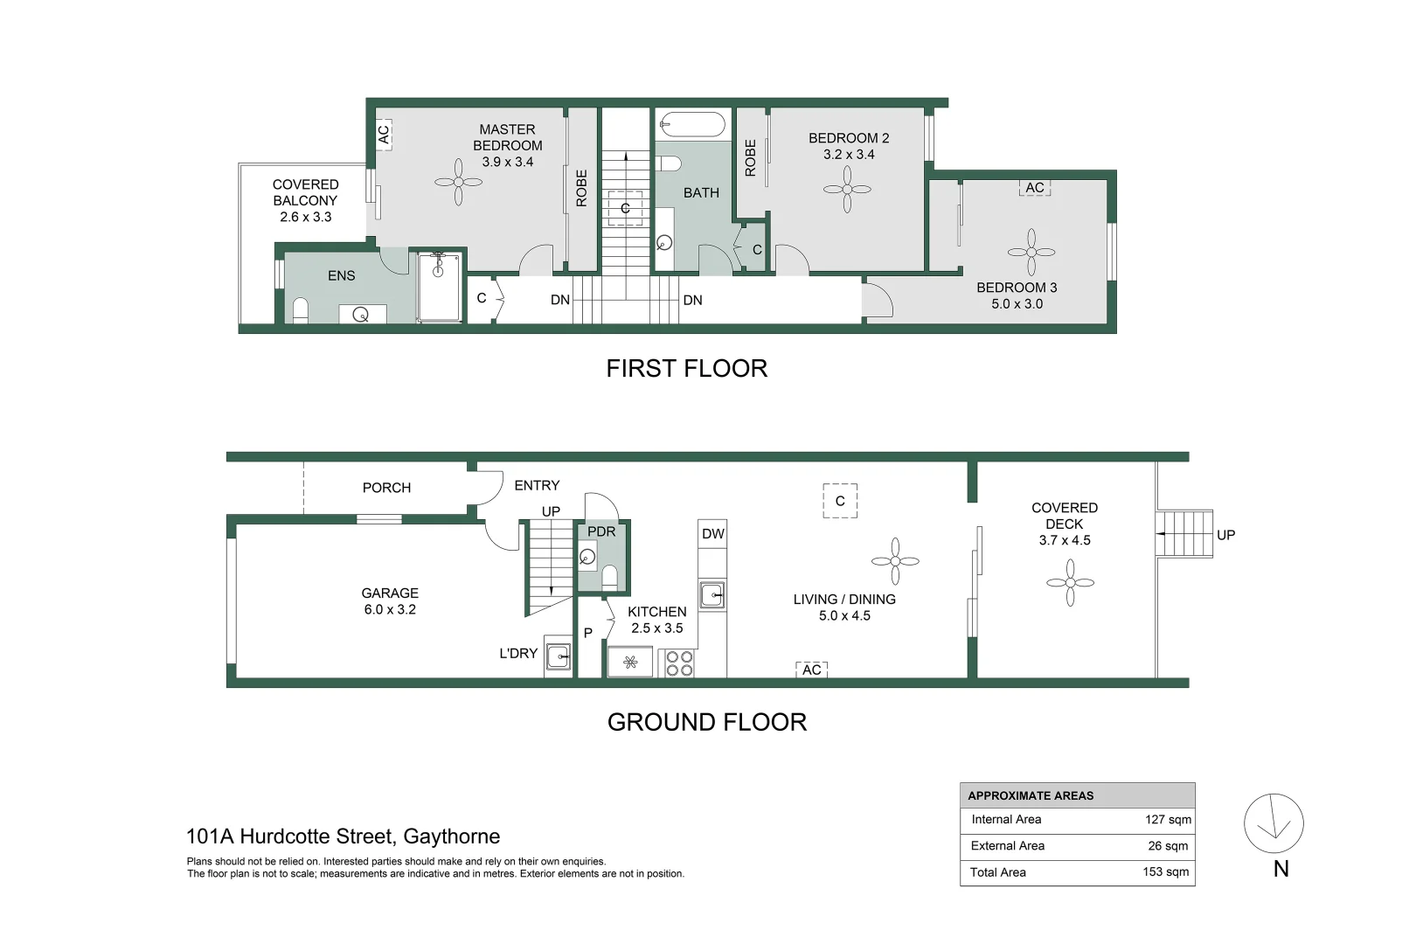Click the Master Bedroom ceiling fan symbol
[x=458, y=182]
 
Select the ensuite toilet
[x=301, y=310]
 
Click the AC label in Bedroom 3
[x=1035, y=188]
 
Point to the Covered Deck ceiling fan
[x=1070, y=582]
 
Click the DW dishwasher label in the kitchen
[x=713, y=534]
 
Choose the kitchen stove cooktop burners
[x=679, y=663]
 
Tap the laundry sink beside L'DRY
[x=559, y=657]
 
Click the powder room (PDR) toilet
[x=610, y=576]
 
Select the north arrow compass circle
[x=1274, y=824]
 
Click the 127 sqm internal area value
[x=1168, y=819]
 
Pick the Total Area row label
[x=998, y=872]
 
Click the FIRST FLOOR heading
[x=687, y=369]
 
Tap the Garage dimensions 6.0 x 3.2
[x=390, y=609]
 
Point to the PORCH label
[x=387, y=488]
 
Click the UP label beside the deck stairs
[x=1225, y=535]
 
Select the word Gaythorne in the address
[x=451, y=836]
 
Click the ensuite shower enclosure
[x=440, y=287]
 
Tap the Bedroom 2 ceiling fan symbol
[x=847, y=189]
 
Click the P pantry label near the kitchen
[x=588, y=633]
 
